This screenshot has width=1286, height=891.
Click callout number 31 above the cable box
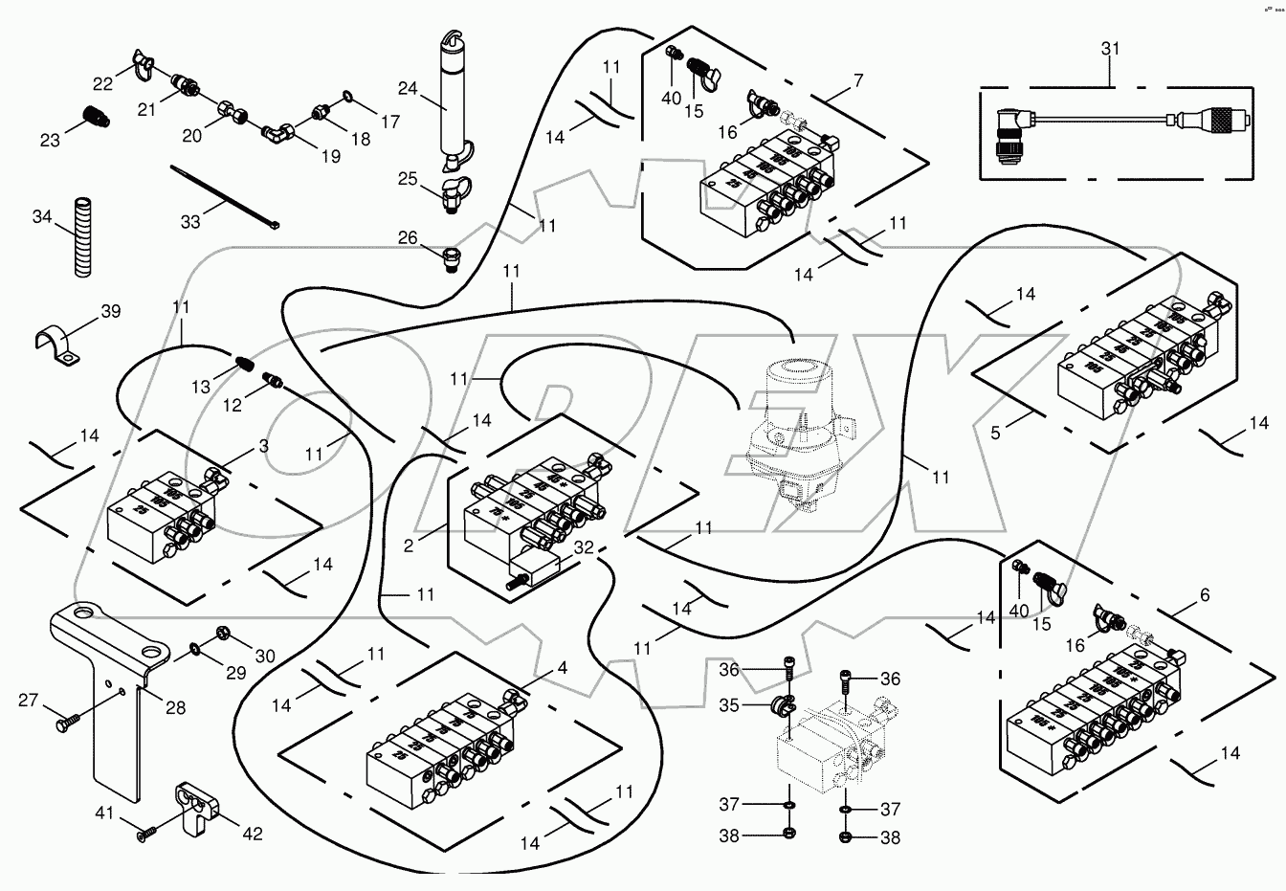point(1111,48)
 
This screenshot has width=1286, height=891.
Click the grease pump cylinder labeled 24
point(451,96)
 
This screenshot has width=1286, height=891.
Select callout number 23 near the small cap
point(50,140)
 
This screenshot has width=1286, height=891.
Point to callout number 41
point(103,814)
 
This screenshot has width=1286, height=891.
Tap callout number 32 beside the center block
point(585,549)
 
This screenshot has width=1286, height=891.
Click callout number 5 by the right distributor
point(995,434)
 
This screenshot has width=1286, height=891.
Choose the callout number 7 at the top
point(858,81)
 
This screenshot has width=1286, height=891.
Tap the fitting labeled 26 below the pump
point(451,257)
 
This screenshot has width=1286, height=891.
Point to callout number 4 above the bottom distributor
point(562,668)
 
